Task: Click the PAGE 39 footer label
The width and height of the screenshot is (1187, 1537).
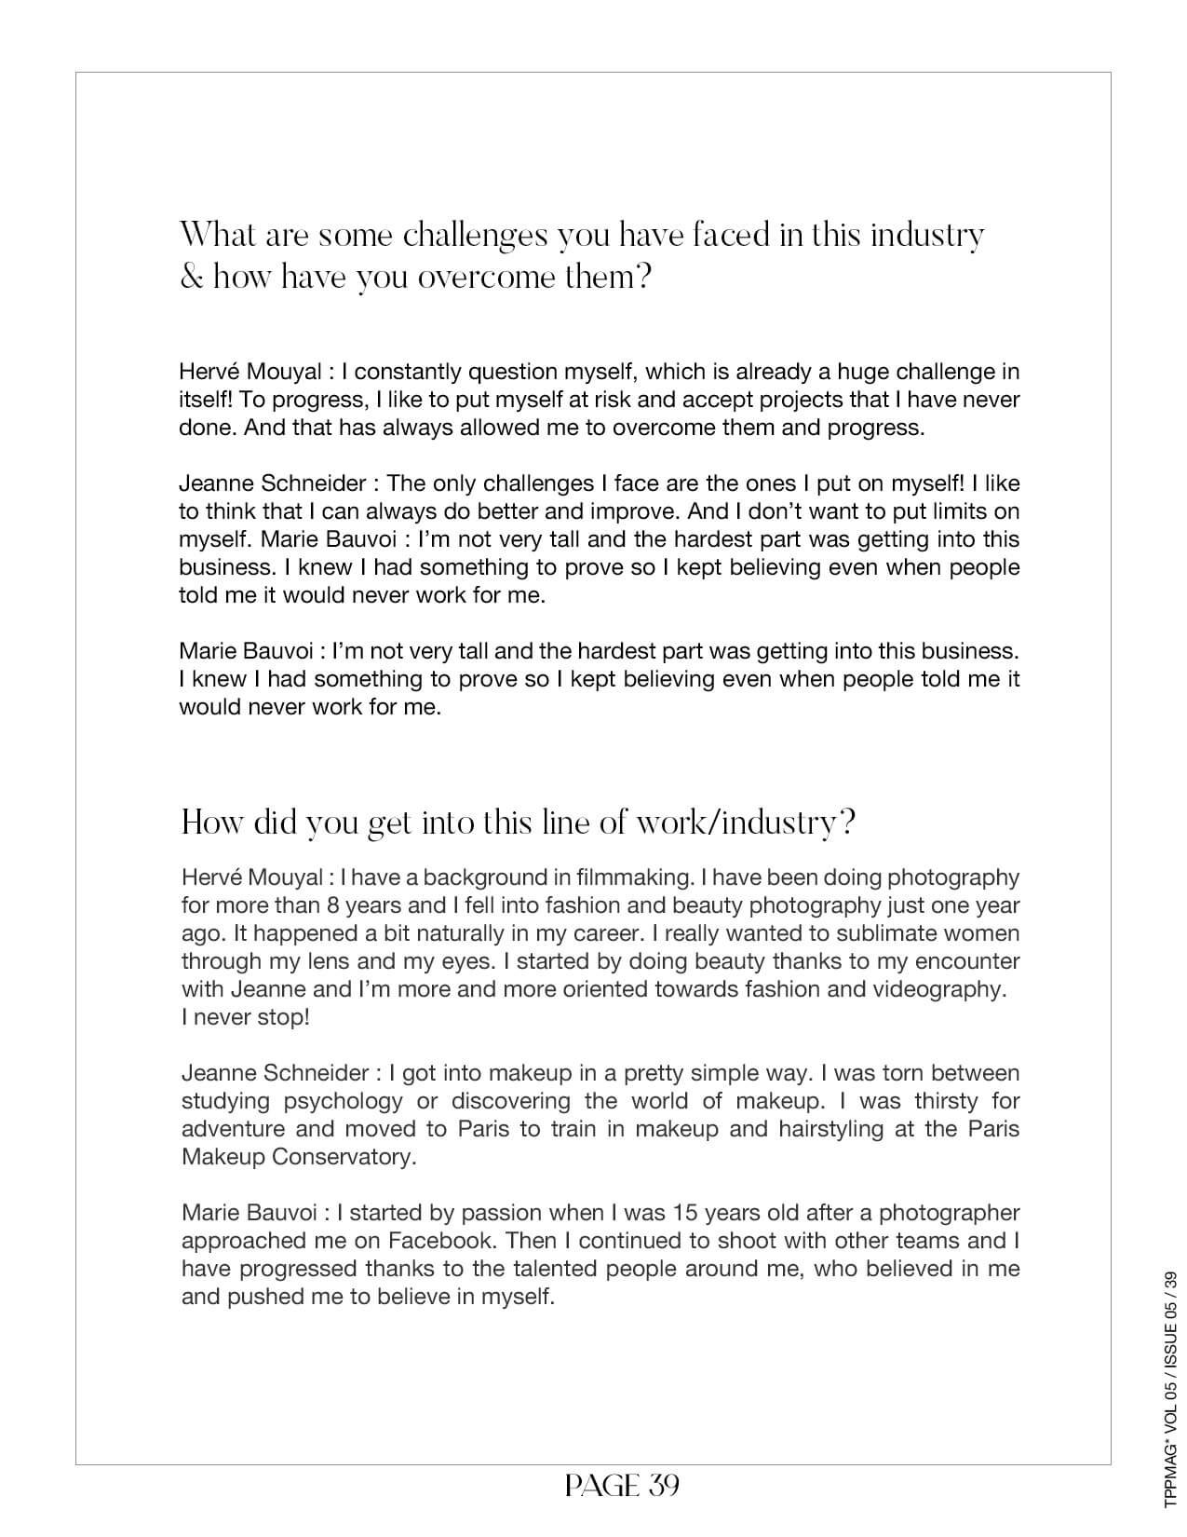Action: coord(622,1485)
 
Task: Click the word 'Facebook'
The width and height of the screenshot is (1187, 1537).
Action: coord(441,1241)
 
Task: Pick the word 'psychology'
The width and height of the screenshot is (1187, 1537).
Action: coord(343,1101)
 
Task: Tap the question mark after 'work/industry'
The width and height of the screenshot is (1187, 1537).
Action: coord(846,823)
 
